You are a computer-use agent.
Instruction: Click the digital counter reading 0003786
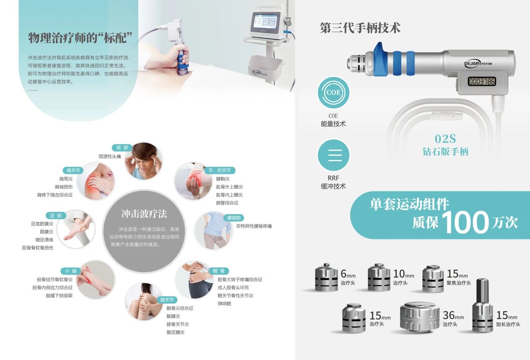point(482,82)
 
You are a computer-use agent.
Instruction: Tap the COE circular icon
point(333,92)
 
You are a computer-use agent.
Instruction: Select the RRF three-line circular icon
point(333,155)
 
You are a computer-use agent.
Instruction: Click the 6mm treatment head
point(327,277)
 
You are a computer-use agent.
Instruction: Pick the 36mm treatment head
point(420,317)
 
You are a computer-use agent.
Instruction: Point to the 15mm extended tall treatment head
point(483,305)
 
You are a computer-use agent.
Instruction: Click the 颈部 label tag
point(122,148)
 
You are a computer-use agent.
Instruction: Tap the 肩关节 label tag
point(73,170)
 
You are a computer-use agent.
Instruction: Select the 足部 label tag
point(56,215)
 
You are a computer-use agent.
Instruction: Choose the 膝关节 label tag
point(167,300)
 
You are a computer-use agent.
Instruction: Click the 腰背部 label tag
point(234,218)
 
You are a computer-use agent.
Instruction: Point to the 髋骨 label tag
point(219,271)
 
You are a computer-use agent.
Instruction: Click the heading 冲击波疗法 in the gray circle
point(144,214)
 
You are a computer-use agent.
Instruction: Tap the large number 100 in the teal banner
point(465,222)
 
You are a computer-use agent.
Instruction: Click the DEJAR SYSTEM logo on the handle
point(478,64)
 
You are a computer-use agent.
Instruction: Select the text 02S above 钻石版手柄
point(445,139)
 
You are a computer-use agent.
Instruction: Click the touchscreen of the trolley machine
point(265,22)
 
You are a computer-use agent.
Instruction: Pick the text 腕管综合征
point(227,203)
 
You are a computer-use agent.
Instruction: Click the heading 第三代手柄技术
point(360,28)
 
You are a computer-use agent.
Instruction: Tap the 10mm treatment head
point(379,277)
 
